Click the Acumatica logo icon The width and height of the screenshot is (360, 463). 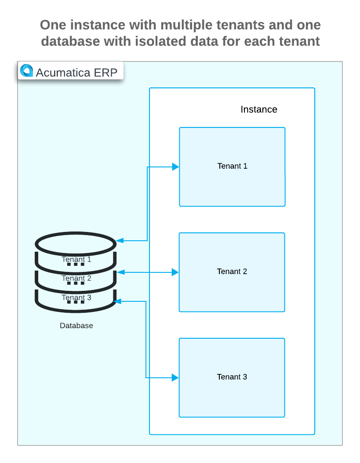tap(27, 71)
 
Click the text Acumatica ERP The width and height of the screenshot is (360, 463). tap(76, 72)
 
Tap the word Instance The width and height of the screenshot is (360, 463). tap(259, 109)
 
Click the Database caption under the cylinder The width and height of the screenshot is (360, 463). tap(76, 326)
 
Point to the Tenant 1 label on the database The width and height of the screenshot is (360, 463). tap(76, 259)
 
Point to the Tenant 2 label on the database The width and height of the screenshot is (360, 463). tap(76, 278)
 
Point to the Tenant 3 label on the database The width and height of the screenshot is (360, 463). tap(76, 297)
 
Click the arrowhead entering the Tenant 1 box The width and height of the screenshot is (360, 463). tap(175, 167)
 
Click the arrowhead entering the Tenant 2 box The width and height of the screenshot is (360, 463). tap(175, 272)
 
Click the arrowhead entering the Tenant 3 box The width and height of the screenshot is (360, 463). tap(175, 377)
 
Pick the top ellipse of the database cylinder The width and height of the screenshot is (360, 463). tap(75, 242)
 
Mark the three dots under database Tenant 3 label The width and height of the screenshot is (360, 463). tap(76, 302)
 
